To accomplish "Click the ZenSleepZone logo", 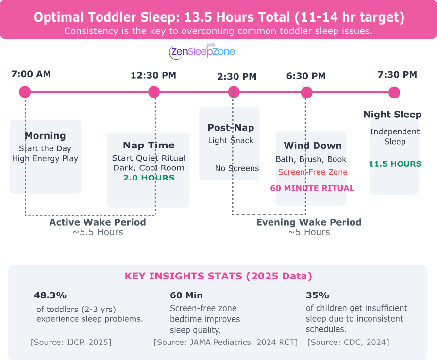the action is [202, 51].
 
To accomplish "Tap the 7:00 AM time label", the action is [31, 74].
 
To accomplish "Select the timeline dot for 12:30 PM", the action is [154, 92].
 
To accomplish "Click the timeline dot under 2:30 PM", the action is [234, 92].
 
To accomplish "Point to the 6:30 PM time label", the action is [306, 76].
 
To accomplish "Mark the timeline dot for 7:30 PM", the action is [394, 93].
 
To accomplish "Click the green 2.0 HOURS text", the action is [149, 178].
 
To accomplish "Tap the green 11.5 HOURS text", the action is [395, 164].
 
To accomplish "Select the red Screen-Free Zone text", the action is [313, 172].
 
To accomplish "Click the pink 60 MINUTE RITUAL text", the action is [312, 188].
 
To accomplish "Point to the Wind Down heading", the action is [313, 146].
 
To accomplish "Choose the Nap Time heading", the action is [149, 145].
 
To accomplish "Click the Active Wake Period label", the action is [98, 222].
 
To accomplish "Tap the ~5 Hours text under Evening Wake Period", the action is [309, 232].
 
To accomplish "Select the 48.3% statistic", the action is [50, 295].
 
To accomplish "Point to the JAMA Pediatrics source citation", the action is [225, 342].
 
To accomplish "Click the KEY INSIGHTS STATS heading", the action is [218, 276].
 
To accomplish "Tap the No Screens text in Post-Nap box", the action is [237, 168].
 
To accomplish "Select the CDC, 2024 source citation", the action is [348, 342].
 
